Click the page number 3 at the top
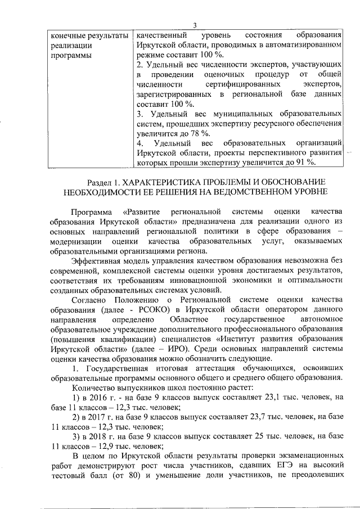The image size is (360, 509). tap(195, 24)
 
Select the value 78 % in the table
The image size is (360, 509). tap(199, 133)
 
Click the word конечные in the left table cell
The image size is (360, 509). tap(66, 34)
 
